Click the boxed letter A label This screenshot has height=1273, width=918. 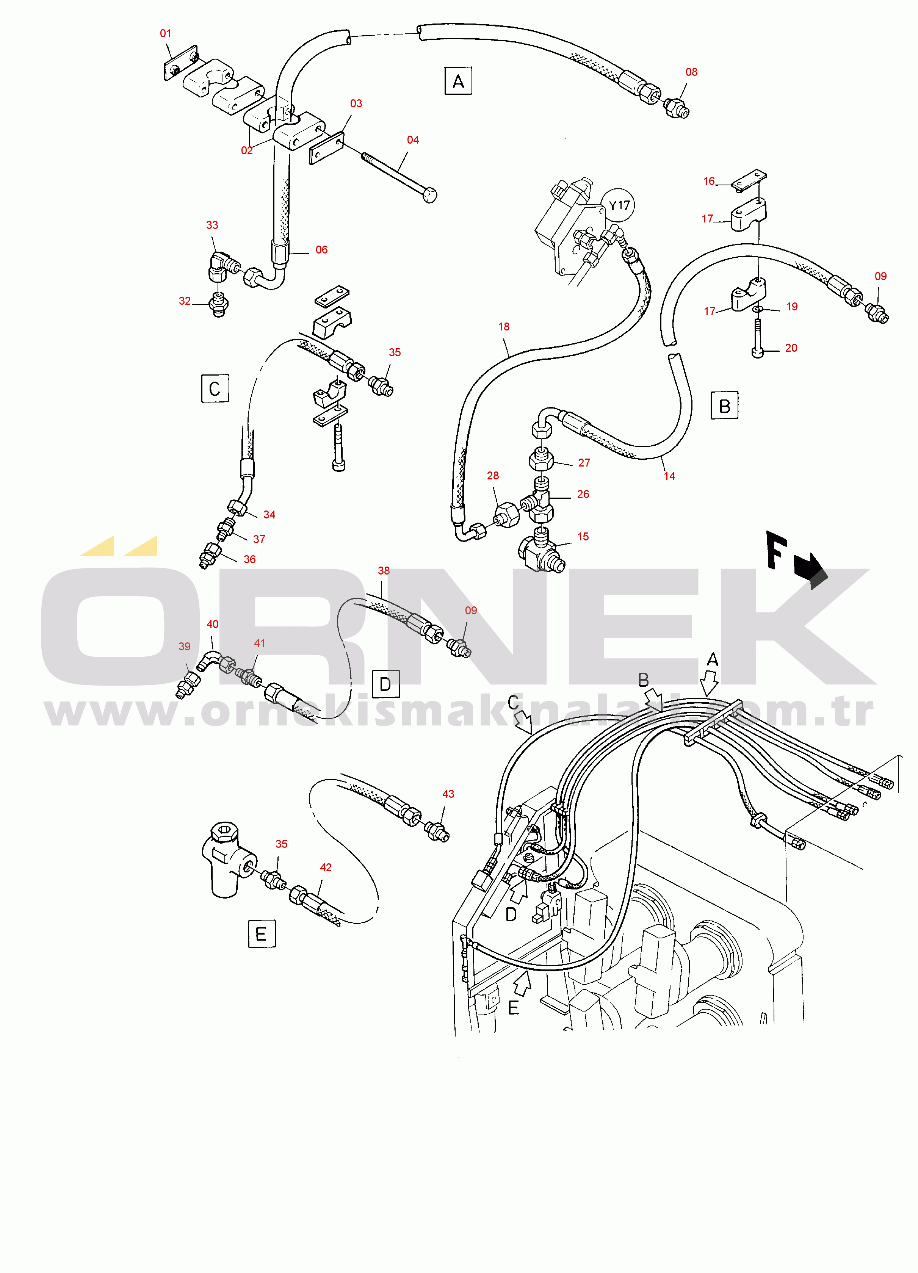(458, 81)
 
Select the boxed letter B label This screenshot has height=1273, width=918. (724, 405)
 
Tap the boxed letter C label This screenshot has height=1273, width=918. (215, 388)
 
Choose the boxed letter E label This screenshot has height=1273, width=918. (262, 933)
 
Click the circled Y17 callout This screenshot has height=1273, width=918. (619, 205)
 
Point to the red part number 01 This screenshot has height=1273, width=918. (166, 33)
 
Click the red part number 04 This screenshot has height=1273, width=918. (413, 140)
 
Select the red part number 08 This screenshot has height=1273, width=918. (691, 72)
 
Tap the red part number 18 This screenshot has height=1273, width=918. (504, 327)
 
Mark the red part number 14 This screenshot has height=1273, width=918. (669, 476)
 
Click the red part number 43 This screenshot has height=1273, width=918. (448, 794)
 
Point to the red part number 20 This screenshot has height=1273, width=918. (791, 348)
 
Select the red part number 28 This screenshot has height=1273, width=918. (493, 475)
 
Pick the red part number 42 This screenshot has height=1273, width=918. (326, 867)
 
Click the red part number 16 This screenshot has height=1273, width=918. (709, 181)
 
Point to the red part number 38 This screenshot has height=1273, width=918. (384, 570)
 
